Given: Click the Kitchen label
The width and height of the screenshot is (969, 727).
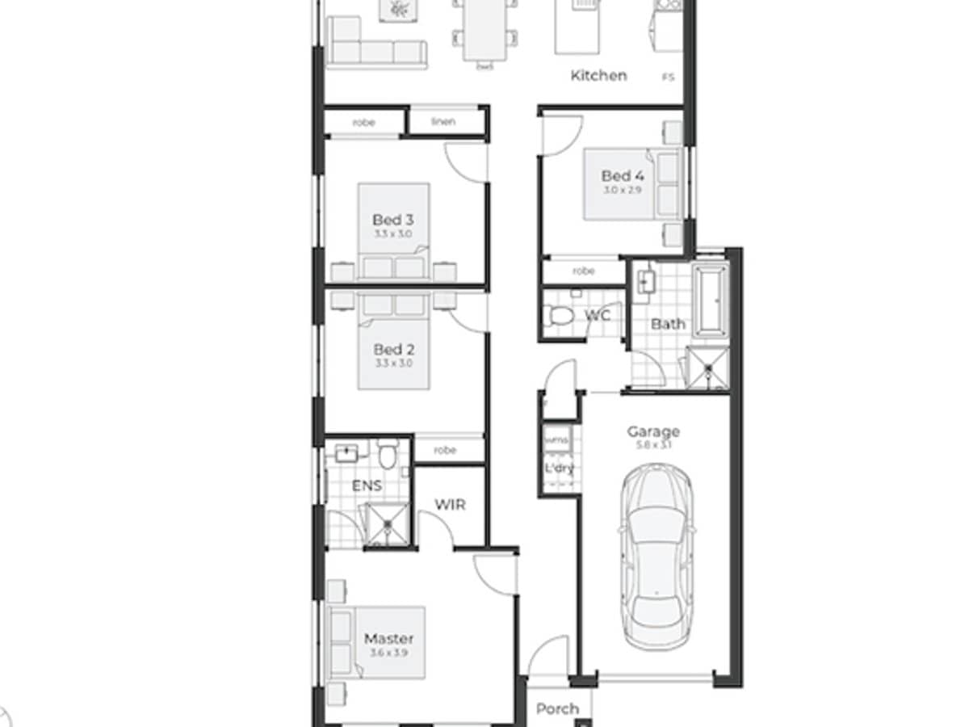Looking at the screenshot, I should coord(598,76).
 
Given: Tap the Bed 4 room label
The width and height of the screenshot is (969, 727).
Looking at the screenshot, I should coord(616,176).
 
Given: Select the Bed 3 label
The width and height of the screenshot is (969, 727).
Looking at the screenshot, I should coord(392,220).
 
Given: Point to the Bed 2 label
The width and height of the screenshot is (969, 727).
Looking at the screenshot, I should coord(393,350).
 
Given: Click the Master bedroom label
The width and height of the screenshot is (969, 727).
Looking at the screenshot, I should coord(388,638).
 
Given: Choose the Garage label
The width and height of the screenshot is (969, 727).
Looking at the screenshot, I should coord(653,431).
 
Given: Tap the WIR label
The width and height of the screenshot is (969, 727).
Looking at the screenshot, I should coord(450,505).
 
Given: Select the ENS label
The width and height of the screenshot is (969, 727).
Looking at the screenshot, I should coord(367,486).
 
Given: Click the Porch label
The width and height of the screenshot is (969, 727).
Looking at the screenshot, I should coord(557,708).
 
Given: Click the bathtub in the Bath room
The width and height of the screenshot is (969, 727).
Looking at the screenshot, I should coord(711,300).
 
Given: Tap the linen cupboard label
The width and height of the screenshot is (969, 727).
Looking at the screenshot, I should coord(443,122).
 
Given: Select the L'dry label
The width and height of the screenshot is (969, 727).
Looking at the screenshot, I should coord(558,468).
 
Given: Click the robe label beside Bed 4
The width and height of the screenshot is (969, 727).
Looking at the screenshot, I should coord(583,271).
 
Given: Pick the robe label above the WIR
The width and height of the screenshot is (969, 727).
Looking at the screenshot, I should coord(445,450).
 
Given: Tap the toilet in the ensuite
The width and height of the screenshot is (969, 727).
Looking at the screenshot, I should coord(388,456).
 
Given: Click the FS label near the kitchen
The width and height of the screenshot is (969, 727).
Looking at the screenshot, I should coord(668,78).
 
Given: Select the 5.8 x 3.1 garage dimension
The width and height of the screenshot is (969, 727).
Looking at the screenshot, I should coord(652,445).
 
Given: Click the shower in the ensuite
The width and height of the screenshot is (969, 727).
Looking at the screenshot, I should coord(388,523).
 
